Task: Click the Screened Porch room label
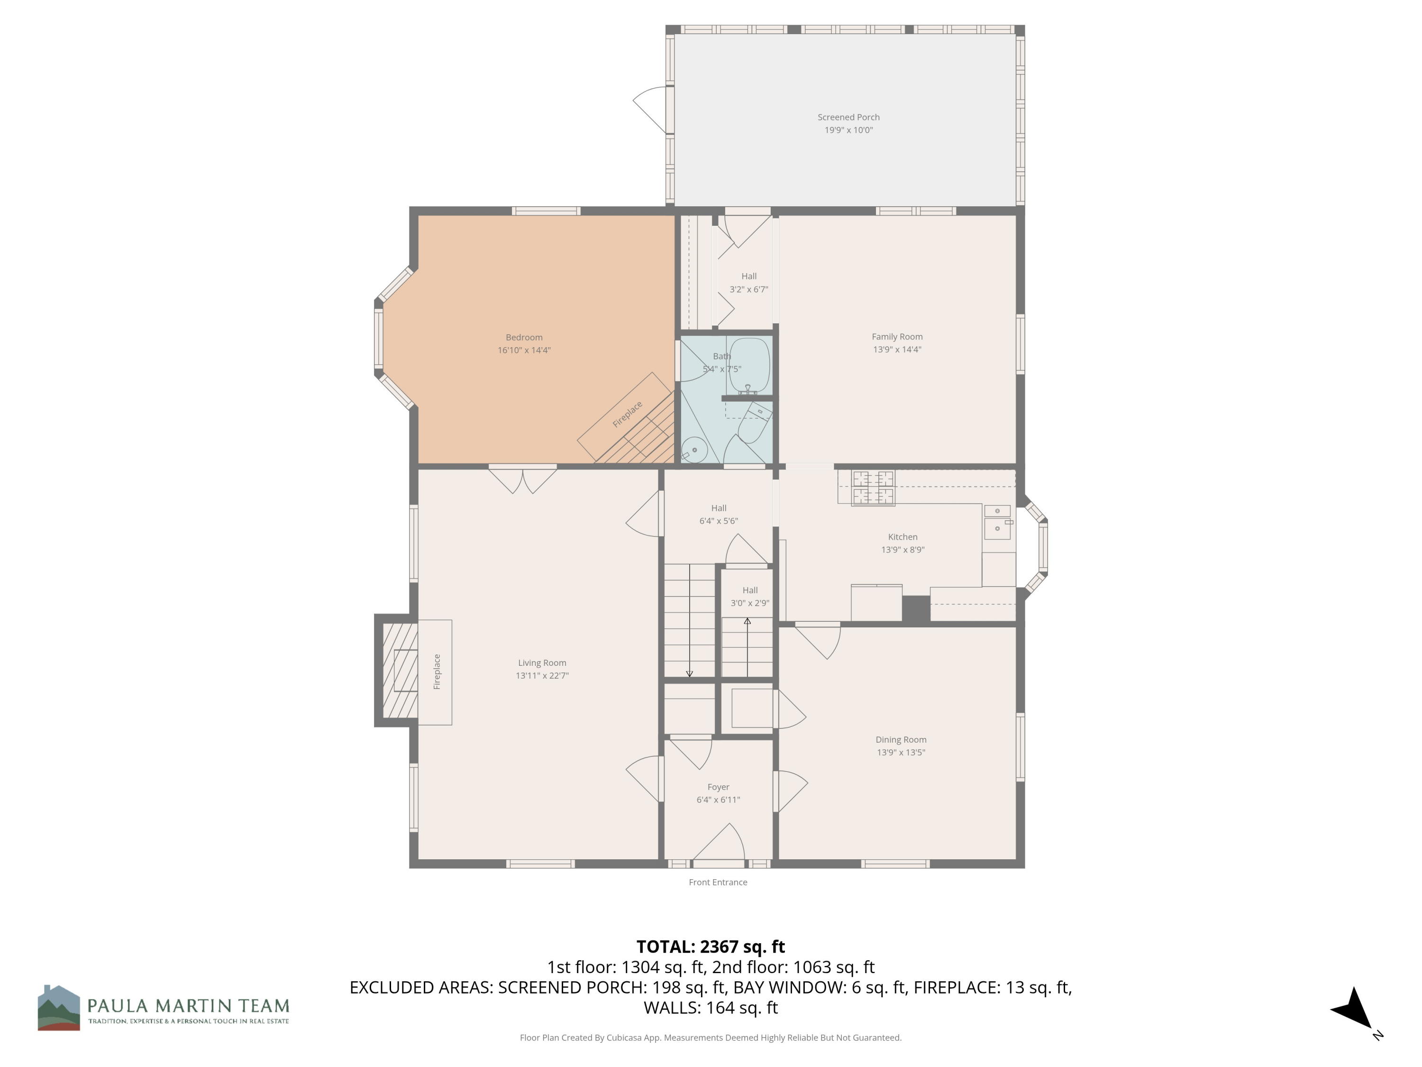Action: point(848,117)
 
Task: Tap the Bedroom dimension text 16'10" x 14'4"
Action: point(523,350)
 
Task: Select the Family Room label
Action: point(897,336)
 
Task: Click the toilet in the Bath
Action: point(754,423)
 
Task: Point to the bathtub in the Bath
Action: point(749,365)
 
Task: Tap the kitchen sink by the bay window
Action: point(997,522)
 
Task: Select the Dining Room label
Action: point(901,740)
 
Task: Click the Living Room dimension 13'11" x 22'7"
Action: point(541,675)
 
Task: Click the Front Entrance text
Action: point(718,883)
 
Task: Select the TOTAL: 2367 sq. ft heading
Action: point(711,947)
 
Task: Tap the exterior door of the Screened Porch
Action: point(651,110)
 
